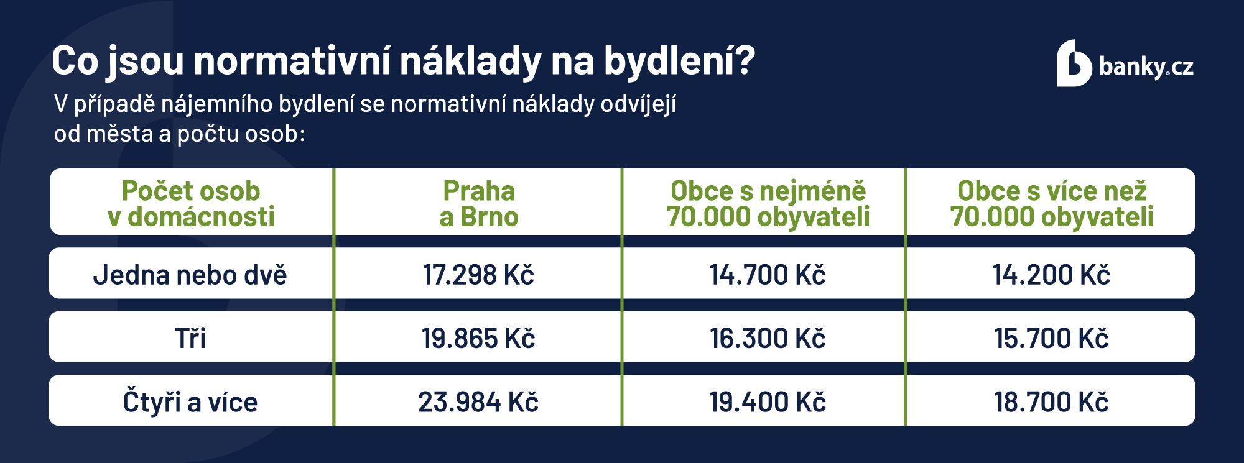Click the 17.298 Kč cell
[478, 275]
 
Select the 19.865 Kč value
[478, 338]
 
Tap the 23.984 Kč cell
[478, 401]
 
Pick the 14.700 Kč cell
[768, 275]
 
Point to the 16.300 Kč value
[768, 338]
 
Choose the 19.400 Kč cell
[768, 401]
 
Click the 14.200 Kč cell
[1051, 275]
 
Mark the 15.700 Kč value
[1051, 338]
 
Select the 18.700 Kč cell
[1051, 401]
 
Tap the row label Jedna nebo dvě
[190, 275]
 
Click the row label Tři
[190, 338]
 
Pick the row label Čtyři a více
[190, 401]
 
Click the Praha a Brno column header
[478, 203]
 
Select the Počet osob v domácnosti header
[190, 203]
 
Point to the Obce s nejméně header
[768, 203]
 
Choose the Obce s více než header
[1051, 203]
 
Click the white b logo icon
[1074, 64]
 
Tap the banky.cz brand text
[1146, 66]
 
